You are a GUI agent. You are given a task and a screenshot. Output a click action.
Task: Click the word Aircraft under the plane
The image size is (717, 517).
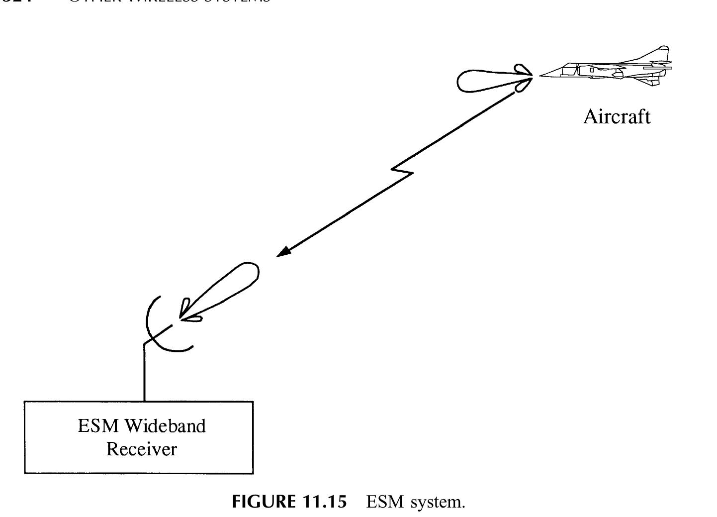coord(617,116)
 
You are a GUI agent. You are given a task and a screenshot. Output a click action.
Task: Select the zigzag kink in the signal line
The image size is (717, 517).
coord(402,172)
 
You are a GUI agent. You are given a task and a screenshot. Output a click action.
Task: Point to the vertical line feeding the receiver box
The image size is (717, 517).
coord(144,373)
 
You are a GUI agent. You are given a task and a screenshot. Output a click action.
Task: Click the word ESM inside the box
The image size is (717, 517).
coord(98,426)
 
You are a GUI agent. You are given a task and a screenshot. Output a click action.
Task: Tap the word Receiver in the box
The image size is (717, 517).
coord(142,449)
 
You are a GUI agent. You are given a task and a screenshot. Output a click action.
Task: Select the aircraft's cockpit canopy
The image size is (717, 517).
coord(568,66)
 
